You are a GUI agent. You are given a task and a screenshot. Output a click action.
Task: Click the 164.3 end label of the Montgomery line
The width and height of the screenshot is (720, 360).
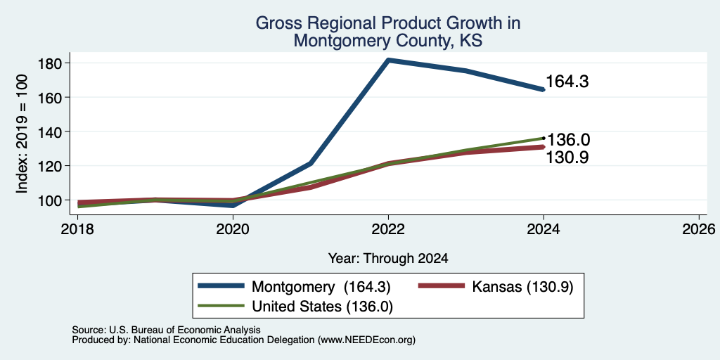[x=567, y=82]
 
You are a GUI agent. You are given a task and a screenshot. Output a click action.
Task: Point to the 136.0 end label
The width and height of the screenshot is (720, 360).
[x=568, y=140]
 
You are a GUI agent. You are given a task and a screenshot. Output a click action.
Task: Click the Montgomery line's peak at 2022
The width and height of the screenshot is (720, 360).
[x=389, y=60]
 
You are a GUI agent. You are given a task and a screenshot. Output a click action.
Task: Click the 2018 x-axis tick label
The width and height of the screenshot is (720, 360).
[x=78, y=229]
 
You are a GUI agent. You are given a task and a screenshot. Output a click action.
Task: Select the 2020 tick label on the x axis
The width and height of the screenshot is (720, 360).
[x=233, y=229]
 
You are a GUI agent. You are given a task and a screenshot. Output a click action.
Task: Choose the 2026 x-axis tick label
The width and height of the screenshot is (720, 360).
[x=699, y=229]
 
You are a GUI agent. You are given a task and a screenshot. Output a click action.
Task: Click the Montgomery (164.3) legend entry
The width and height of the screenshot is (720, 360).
[x=295, y=287]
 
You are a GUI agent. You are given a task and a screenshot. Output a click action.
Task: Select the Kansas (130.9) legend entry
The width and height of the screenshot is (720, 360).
[x=496, y=287]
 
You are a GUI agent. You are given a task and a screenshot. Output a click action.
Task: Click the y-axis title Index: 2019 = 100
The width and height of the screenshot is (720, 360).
[x=22, y=134]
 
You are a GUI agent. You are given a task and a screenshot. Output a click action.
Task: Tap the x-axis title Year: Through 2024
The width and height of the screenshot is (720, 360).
[x=388, y=259]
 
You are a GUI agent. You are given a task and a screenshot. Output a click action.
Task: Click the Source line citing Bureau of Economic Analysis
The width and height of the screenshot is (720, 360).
[x=166, y=330]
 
